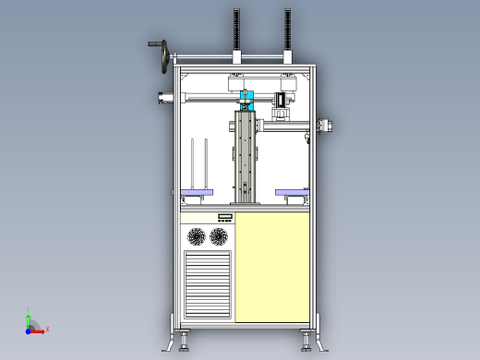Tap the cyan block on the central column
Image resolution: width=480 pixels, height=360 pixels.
(x=246, y=97)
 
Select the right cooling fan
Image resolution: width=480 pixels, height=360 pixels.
(x=219, y=237)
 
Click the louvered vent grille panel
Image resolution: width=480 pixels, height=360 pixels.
(x=207, y=284)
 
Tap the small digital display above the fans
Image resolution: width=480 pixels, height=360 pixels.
(x=224, y=218)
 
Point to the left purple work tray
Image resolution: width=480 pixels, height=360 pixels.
(x=197, y=191)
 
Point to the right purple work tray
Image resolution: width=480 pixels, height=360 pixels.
(x=293, y=191)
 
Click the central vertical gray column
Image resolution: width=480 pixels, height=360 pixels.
(x=246, y=157)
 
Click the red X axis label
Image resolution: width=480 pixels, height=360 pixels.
(x=47, y=329)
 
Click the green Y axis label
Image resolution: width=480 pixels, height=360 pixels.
(x=30, y=310)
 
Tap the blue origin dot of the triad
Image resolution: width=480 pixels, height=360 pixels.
(x=29, y=329)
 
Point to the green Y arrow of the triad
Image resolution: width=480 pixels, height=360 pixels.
(x=29, y=319)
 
